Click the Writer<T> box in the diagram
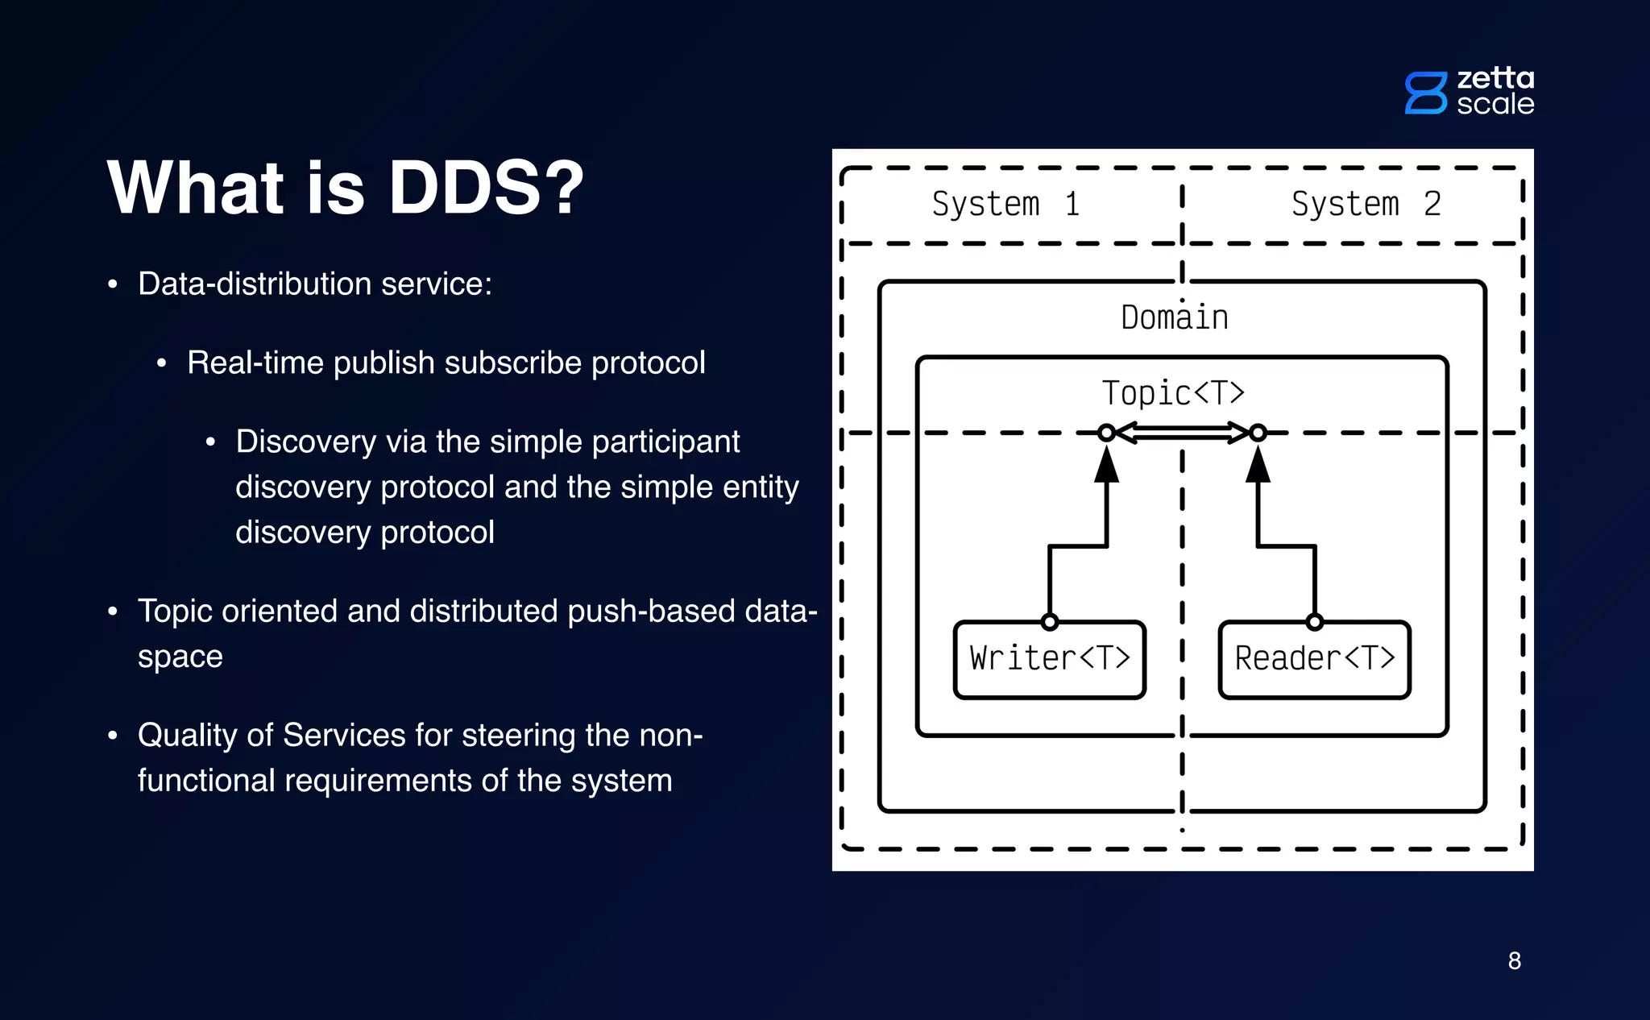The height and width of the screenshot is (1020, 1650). point(1049,659)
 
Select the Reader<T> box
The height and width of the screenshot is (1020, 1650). point(1314,659)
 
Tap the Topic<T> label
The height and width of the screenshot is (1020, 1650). point(1173,393)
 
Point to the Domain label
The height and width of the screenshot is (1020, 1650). point(1175,317)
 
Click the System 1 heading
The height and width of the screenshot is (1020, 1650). point(1005,204)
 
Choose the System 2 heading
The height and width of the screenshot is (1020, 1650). point(1366,204)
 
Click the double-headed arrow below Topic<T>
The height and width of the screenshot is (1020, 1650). point(1182,433)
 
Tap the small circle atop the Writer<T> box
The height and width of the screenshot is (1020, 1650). point(1049,622)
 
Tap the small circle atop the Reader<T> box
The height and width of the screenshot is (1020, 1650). point(1314,622)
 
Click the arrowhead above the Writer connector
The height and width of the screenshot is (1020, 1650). point(1106,465)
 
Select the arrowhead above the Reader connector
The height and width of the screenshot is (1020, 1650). point(1258,465)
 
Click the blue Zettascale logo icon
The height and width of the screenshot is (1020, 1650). point(1425,93)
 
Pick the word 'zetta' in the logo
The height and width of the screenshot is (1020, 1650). point(1495,78)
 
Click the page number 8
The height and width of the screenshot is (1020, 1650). point(1514,960)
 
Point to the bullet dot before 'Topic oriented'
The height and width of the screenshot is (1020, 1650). point(113,612)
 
